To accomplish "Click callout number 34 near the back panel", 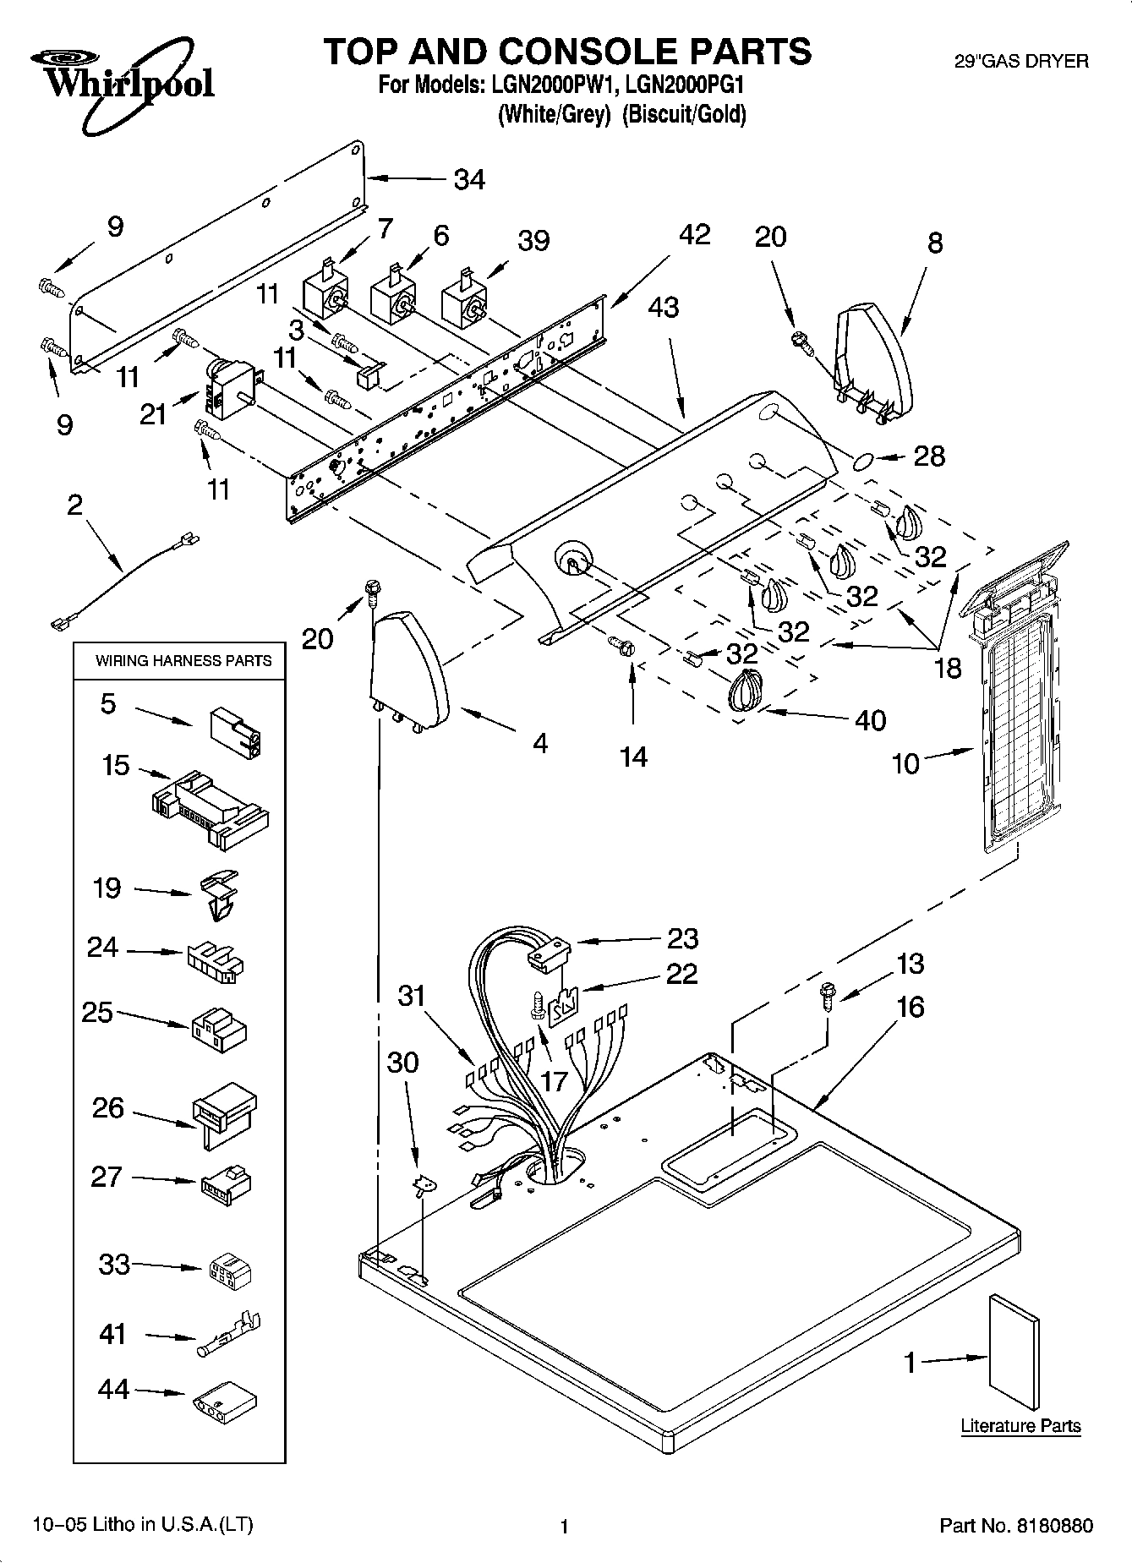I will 469,180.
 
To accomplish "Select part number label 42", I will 694,234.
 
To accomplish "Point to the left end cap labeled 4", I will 408,670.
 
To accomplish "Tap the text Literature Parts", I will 1020,1426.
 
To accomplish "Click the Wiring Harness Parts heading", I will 183,661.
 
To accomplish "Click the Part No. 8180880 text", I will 1016,1526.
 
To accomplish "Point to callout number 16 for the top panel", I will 910,1007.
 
